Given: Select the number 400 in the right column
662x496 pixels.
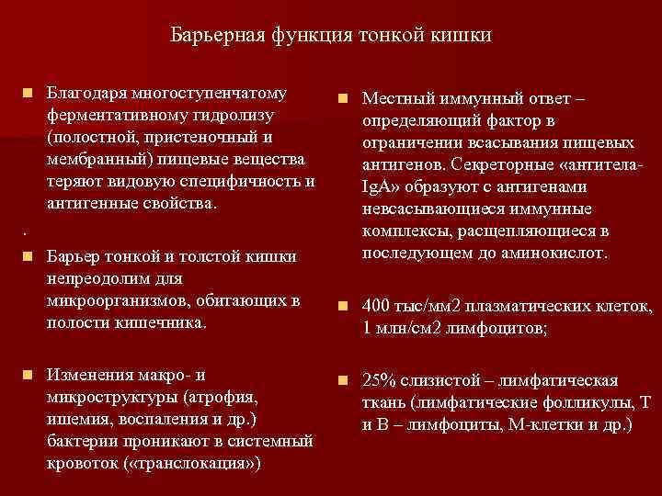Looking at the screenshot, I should coord(377,306).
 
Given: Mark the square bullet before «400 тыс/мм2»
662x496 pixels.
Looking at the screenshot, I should coord(343,306).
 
